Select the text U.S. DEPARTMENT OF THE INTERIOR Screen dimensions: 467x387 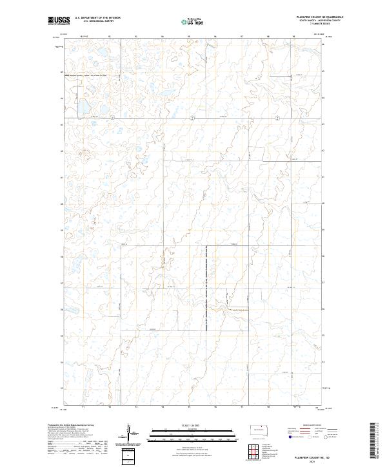pos(97,17)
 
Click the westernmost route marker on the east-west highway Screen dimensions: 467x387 pos(111,117)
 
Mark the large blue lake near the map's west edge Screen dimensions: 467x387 pos(83,106)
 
